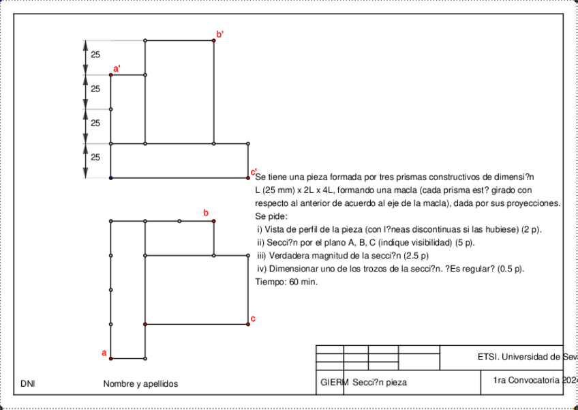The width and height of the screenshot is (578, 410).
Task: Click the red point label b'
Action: point(219,33)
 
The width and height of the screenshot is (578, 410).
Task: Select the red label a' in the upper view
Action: point(117,68)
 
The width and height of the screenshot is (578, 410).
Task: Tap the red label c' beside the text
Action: point(253,171)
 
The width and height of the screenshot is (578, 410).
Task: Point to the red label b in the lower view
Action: point(206,214)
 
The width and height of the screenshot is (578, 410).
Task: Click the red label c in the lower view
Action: point(253,319)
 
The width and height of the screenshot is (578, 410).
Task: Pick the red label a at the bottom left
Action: point(104,353)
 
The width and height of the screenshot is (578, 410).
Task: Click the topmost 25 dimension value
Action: point(95,55)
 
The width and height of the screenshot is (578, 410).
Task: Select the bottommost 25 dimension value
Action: point(95,157)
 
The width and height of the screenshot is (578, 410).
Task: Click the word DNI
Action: point(28,384)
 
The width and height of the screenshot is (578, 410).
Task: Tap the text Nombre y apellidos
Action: point(140,384)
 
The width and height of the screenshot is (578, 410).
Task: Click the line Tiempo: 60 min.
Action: point(286,282)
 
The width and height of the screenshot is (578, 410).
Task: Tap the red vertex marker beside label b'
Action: point(213,40)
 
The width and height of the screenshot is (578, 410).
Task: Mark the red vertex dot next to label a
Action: point(111,358)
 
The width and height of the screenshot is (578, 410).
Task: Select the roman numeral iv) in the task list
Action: point(262,269)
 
